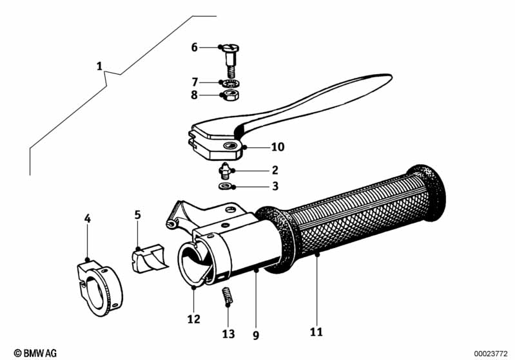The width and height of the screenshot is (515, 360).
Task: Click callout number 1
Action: click(99, 66)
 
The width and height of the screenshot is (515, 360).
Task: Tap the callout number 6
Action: click(195, 47)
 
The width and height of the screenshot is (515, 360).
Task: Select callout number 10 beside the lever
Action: click(277, 147)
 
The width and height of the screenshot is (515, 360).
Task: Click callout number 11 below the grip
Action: click(315, 332)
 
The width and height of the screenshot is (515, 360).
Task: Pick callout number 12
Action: click(194, 319)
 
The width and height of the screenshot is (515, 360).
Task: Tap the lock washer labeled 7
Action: click(229, 83)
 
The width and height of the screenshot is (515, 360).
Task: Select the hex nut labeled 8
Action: click(229, 97)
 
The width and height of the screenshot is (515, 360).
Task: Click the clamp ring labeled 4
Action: click(95, 287)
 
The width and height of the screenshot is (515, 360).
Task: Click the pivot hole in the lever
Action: click(230, 147)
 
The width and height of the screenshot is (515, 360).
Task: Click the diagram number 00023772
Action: click(492, 352)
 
